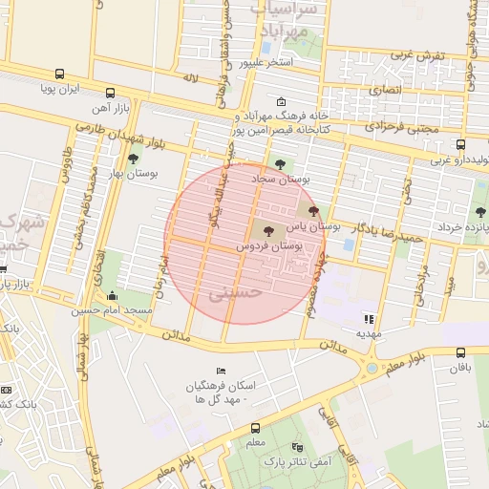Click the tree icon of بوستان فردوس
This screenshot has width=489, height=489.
tap(267, 230)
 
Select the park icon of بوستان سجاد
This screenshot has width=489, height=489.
tap(280, 164)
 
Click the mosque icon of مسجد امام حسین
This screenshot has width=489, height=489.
tap(114, 296)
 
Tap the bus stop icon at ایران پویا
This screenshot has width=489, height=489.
tap(60, 74)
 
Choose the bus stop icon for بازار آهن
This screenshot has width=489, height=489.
tap(111, 94)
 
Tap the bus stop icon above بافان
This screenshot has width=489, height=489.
tap(461, 352)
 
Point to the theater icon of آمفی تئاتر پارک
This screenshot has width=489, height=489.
tap(296, 446)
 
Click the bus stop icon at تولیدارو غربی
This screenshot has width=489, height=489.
tap(460, 145)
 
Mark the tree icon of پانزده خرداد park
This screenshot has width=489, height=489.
tap(479, 212)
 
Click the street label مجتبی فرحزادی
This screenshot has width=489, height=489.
tap(402, 125)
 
